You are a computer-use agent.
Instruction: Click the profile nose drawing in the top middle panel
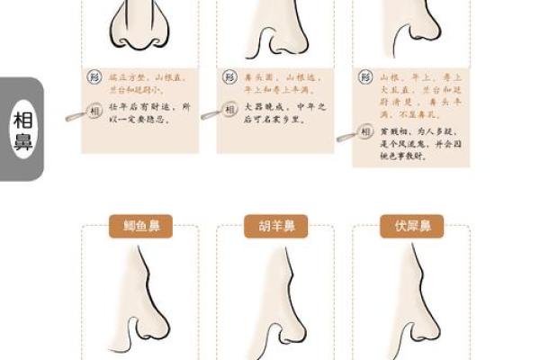(274, 31)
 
